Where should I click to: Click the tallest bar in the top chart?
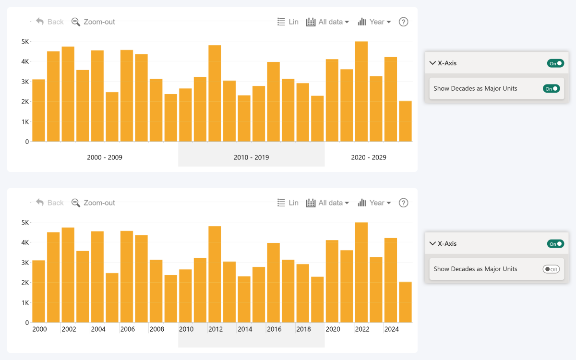(361, 91)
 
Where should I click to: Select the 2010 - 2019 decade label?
(251, 157)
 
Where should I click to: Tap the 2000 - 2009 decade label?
(105, 157)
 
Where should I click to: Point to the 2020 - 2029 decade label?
(369, 157)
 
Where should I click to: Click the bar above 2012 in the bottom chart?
(215, 274)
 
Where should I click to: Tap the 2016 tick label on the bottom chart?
(274, 329)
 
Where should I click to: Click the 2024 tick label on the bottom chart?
(392, 329)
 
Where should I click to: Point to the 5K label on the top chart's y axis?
(25, 41)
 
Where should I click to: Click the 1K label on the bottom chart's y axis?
(25, 302)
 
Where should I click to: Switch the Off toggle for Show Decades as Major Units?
(551, 269)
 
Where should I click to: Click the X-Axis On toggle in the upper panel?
(555, 63)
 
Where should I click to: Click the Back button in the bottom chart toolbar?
(50, 203)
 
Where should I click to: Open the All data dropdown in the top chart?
(328, 22)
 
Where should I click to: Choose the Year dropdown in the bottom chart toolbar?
(374, 203)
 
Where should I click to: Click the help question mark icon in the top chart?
(404, 22)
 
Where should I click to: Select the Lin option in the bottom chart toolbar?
(288, 203)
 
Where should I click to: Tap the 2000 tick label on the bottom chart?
(39, 329)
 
